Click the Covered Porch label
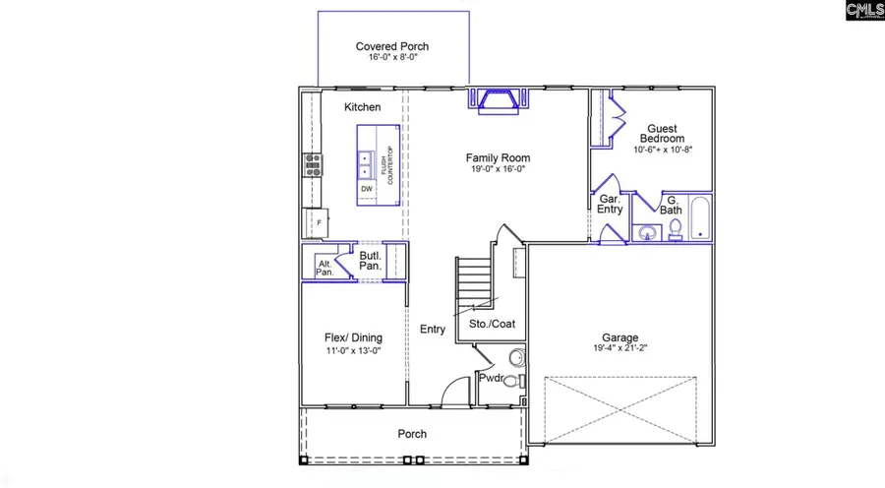click(x=391, y=46)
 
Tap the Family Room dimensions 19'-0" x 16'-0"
click(x=498, y=169)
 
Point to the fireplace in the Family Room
click(x=499, y=101)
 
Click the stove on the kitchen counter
click(x=313, y=164)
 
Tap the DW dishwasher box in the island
click(x=366, y=189)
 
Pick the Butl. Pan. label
click(x=370, y=260)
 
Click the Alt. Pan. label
click(x=324, y=268)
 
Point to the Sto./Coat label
click(x=492, y=324)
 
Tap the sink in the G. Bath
click(x=647, y=233)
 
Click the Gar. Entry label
click(x=610, y=204)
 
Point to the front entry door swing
click(x=454, y=391)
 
